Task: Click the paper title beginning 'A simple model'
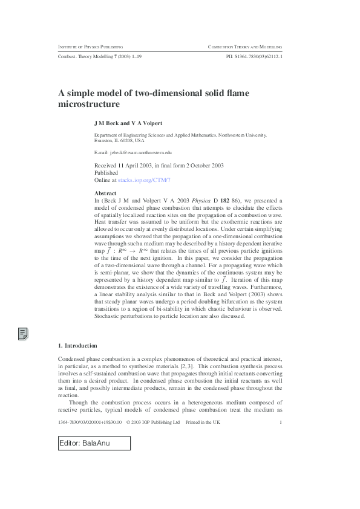point(154,99)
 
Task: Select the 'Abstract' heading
point(106,193)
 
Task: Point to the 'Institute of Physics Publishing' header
point(90,47)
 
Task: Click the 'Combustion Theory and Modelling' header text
point(245,47)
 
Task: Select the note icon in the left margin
point(23,333)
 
